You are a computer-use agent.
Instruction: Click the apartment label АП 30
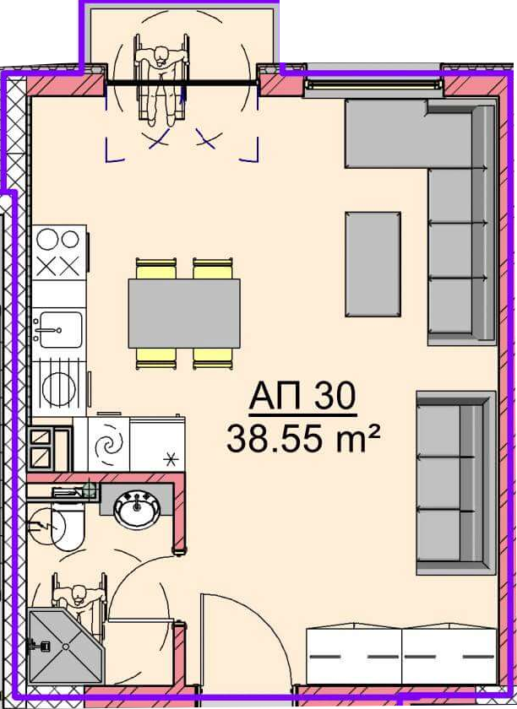302,396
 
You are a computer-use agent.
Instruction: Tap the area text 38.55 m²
302,439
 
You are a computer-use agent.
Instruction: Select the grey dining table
184,313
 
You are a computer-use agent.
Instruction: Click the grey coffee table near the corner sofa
373,264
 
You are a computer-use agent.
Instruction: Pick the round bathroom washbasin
137,511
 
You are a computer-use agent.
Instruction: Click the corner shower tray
66,647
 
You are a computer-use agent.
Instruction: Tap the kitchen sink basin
61,330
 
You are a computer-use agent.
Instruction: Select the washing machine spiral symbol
109,445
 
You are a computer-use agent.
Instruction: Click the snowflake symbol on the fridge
170,461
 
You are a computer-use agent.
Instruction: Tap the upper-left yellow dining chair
155,268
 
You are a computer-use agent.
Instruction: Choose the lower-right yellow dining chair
213,358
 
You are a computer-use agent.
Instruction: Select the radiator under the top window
373,84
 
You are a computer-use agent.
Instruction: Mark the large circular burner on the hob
47,239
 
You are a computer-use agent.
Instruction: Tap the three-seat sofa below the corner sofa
455,483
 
